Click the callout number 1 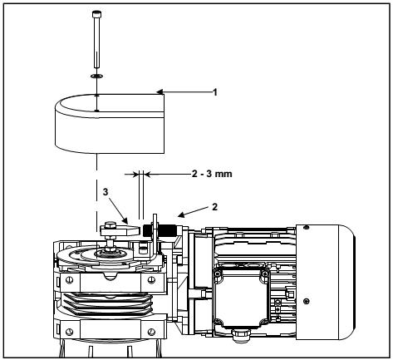click(215, 92)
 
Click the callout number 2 click(214, 207)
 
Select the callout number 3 click(106, 192)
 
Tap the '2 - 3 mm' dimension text click(212, 174)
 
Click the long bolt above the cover click(96, 39)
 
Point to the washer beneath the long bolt click(96, 76)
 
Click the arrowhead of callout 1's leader click(160, 91)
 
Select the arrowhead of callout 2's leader click(181, 215)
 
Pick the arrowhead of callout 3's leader click(125, 221)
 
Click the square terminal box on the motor click(240, 298)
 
